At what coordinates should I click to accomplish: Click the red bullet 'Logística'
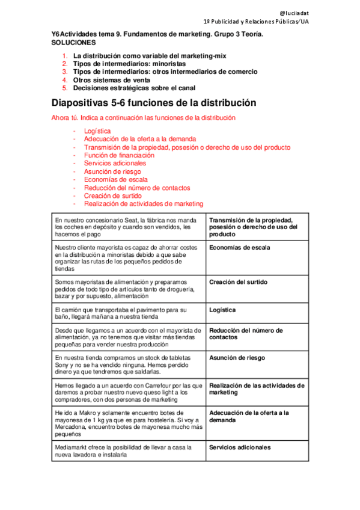pos(97,131)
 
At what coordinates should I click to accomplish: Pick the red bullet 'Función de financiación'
pos(115,155)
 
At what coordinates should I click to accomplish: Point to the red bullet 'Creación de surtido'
pos(113,195)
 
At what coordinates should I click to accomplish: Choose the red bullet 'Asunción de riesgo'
pos(109,171)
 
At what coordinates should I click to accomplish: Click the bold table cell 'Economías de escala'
pos(239,247)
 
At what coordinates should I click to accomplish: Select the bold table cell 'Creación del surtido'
pos(238,282)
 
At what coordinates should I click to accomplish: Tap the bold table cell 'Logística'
pos(222,310)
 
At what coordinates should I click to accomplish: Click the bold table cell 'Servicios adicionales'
pos(240,447)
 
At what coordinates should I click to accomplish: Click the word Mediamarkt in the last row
pos(72,447)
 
